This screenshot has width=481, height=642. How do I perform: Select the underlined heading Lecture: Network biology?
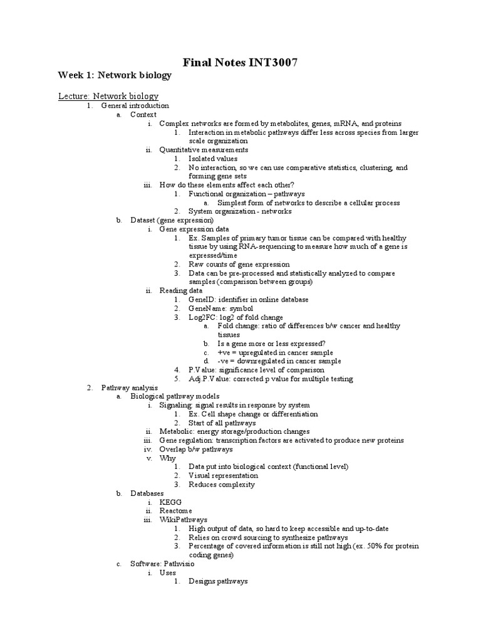pos(108,96)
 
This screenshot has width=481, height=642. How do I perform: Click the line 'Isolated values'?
pos(213,159)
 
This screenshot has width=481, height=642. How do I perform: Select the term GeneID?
pos(201,300)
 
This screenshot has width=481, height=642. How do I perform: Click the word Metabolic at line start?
pos(177,431)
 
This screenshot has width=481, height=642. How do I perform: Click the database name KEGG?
pos(170,502)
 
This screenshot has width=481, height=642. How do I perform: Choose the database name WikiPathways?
pos(183,520)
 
